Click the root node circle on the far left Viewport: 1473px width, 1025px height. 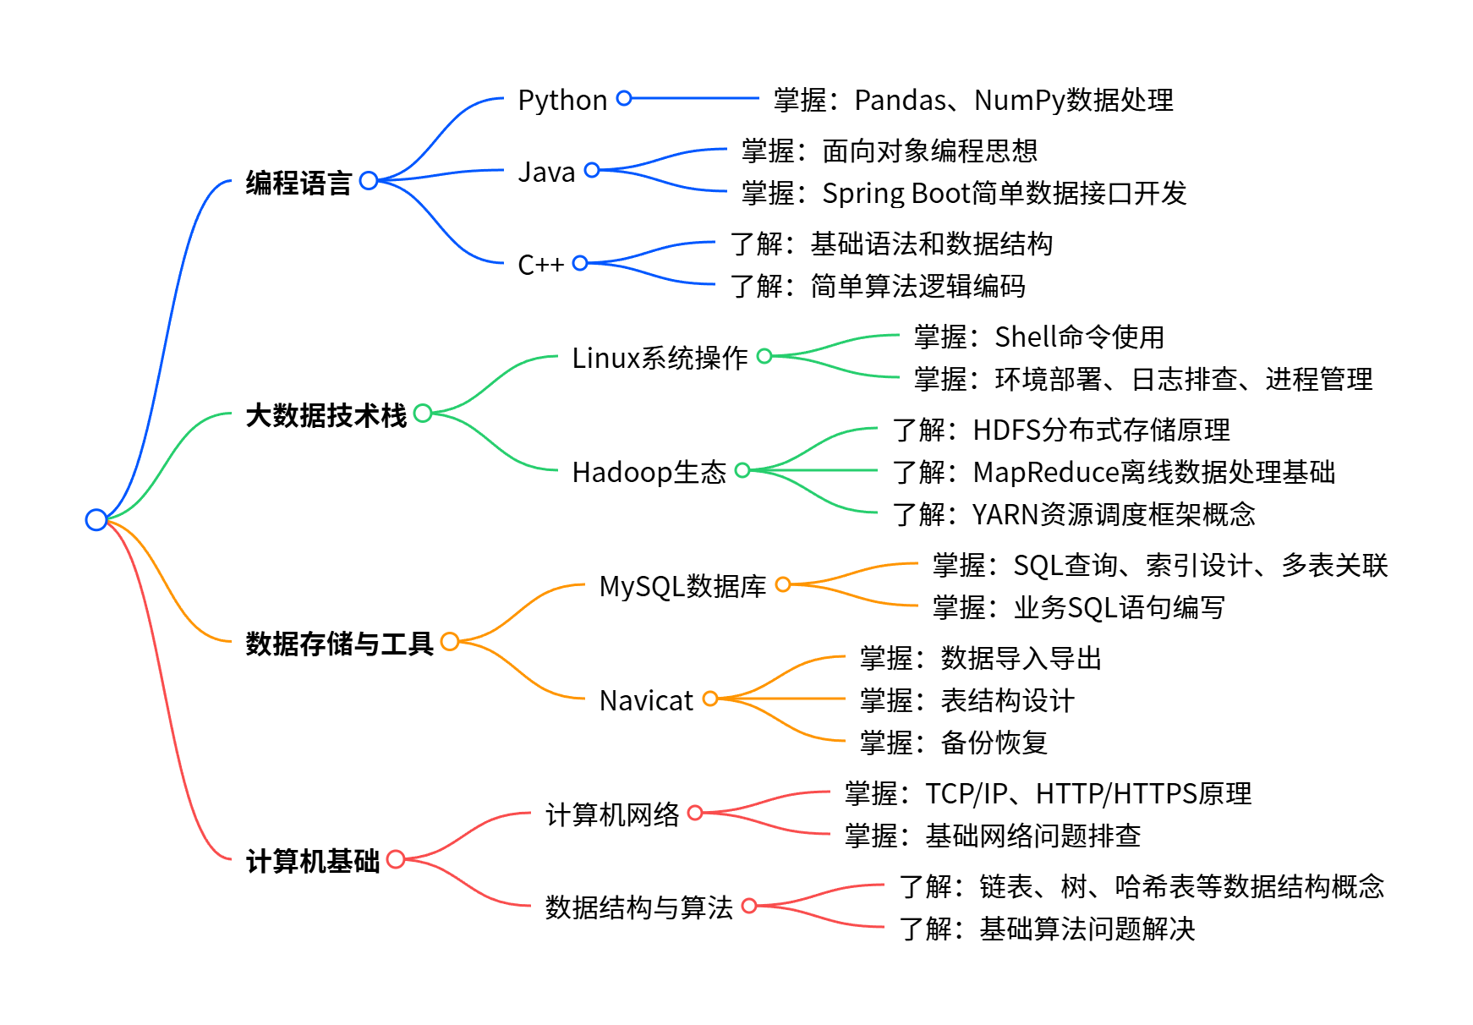coord(96,519)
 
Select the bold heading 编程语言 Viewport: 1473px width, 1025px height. coord(298,183)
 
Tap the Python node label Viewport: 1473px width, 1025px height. coord(562,101)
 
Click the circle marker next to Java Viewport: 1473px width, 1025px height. coord(592,170)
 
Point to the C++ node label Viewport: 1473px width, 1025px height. coord(540,266)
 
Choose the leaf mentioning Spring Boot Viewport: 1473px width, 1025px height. coord(963,194)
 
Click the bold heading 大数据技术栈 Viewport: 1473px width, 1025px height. coord(326,415)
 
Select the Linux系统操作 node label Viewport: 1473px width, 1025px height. coord(660,358)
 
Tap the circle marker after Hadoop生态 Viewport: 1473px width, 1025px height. coord(742,470)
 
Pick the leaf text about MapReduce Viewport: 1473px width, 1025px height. coord(1113,472)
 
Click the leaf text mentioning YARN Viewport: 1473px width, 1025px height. coord(1073,514)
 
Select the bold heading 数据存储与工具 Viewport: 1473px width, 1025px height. coord(339,644)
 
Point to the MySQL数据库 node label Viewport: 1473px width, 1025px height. coord(682,586)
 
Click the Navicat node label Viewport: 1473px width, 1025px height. coord(646,701)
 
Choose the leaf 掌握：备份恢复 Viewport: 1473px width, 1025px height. coord(953,743)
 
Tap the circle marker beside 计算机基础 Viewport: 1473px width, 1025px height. coord(395,859)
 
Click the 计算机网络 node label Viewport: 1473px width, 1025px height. coord(612,814)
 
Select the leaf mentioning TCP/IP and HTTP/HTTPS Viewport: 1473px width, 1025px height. coord(1047,793)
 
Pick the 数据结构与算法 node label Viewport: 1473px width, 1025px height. coord(638,907)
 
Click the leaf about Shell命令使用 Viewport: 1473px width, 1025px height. coord(1038,337)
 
